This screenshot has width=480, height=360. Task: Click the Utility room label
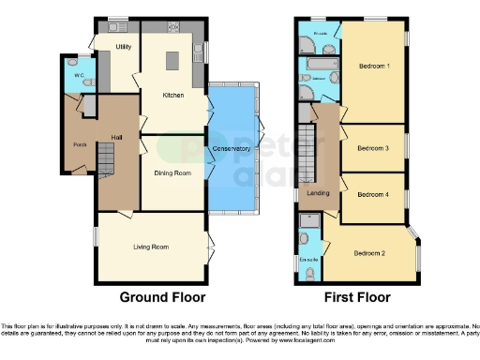(123, 46)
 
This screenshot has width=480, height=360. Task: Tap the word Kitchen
(172, 95)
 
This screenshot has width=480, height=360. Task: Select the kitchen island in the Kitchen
(172, 61)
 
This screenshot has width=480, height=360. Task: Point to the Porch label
(80, 144)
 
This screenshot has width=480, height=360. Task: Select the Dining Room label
(172, 172)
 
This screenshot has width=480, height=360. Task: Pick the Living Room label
(150, 246)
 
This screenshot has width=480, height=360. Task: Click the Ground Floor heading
(162, 296)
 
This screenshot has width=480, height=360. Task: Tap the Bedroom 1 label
(374, 66)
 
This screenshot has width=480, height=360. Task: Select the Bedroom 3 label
(374, 148)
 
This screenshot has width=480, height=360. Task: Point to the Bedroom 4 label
(374, 195)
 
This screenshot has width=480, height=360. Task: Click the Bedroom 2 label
(370, 253)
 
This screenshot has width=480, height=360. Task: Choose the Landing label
(319, 193)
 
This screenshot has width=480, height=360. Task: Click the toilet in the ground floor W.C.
(86, 82)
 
